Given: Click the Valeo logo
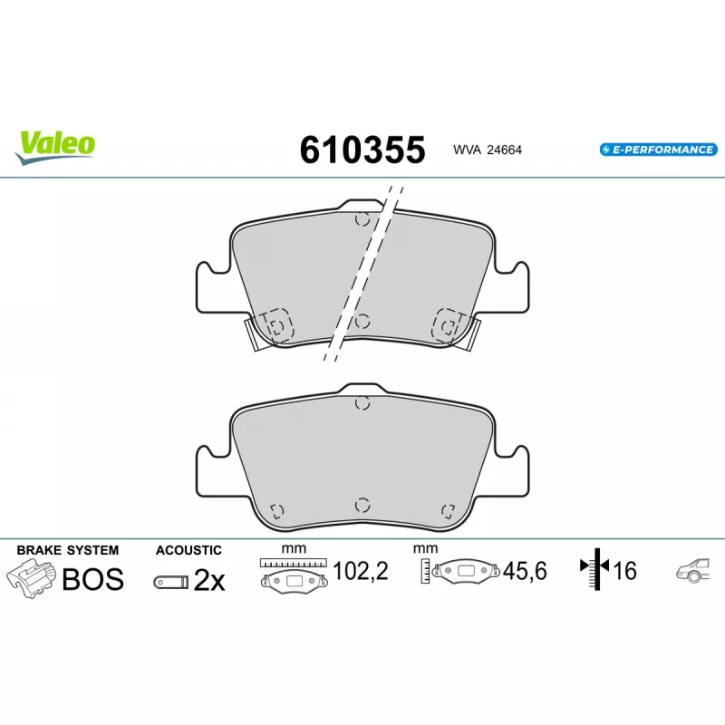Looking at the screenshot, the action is tap(55, 147).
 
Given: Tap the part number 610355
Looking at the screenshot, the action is tap(362, 150).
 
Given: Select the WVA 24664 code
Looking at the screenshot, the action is tap(488, 150).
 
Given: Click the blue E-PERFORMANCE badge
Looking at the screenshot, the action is tap(659, 150).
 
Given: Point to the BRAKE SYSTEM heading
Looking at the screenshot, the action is tap(67, 550).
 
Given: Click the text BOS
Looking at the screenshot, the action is tap(93, 579).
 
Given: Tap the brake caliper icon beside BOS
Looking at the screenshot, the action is tap(31, 578).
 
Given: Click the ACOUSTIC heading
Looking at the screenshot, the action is tap(188, 550).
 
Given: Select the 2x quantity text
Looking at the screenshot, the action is tap(209, 580).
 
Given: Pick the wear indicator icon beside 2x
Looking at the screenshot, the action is tap(171, 582).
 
